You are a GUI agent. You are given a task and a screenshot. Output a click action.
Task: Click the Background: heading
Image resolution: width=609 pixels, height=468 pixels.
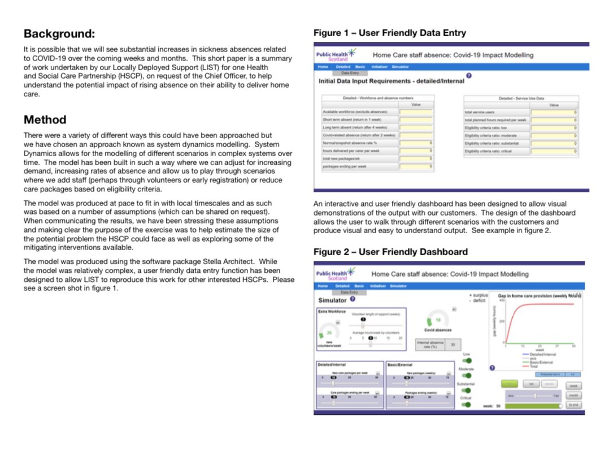(x=59, y=33)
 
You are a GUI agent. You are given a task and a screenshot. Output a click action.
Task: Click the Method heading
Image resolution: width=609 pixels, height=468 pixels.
(x=45, y=120)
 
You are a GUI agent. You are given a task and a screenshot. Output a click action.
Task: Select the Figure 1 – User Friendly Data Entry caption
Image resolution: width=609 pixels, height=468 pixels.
(x=390, y=33)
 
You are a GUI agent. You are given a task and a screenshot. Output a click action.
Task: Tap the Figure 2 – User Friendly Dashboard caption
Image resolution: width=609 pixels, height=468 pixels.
(x=390, y=251)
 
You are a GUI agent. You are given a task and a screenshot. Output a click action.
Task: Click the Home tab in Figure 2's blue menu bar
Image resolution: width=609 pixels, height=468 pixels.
(x=323, y=286)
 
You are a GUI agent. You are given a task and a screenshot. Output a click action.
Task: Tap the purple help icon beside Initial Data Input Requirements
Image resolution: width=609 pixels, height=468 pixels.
(x=469, y=76)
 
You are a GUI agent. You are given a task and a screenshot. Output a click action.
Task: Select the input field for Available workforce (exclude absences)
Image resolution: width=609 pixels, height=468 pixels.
(x=416, y=112)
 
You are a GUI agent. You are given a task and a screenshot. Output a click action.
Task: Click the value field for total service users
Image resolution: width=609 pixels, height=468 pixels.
(x=554, y=112)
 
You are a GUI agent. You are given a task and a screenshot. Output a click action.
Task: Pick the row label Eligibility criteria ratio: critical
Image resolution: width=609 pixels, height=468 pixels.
(x=489, y=151)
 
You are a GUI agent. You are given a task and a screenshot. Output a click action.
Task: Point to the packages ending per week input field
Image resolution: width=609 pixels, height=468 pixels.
(x=416, y=167)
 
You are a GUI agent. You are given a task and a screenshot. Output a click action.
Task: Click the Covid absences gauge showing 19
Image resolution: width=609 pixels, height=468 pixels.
(x=437, y=320)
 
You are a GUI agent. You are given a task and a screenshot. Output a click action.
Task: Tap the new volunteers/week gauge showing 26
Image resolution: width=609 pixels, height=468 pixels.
(x=329, y=332)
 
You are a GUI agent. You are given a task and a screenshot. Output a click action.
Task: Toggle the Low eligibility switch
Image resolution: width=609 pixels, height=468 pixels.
(x=467, y=360)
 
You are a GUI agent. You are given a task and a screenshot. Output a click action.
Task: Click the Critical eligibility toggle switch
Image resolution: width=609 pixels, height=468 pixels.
(x=467, y=405)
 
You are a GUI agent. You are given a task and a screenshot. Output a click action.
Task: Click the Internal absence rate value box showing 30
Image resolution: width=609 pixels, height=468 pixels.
(x=453, y=344)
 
